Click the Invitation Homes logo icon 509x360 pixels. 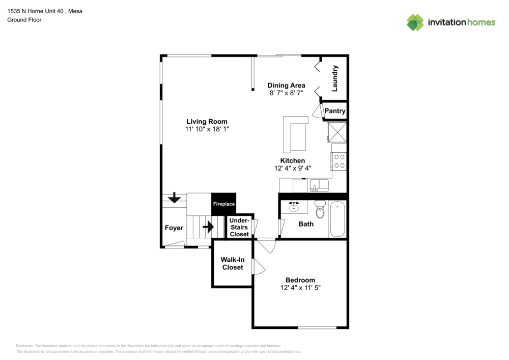pyautogui.click(x=415, y=22)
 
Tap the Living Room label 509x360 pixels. pyautogui.click(x=207, y=122)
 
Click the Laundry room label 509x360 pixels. pyautogui.click(x=335, y=78)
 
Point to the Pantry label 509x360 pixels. pyautogui.click(x=335, y=111)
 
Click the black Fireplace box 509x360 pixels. pyautogui.click(x=224, y=204)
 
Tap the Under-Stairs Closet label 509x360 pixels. pyautogui.click(x=239, y=227)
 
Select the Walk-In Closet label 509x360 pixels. pyautogui.click(x=233, y=263)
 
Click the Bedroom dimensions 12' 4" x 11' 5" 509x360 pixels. pyautogui.click(x=300, y=288)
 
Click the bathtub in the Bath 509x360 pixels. pyautogui.click(x=337, y=219)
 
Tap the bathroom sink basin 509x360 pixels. pyautogui.click(x=294, y=207)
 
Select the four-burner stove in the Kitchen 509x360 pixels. pyautogui.click(x=339, y=161)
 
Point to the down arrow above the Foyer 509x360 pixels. pyautogui.click(x=174, y=197)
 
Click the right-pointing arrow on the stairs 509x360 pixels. pyautogui.click(x=208, y=227)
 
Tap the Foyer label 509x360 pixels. pyautogui.click(x=174, y=228)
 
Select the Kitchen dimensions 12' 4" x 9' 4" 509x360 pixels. pyautogui.click(x=293, y=168)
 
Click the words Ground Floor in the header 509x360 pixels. pyautogui.click(x=24, y=20)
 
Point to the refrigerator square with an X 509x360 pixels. pyautogui.click(x=336, y=132)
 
